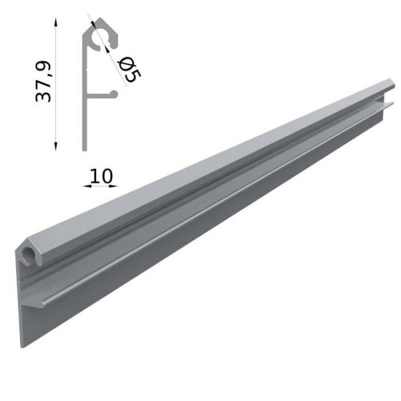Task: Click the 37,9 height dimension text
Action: point(44,82)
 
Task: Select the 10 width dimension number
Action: point(101,175)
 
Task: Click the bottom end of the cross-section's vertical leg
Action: point(85,148)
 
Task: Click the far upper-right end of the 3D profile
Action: point(392,86)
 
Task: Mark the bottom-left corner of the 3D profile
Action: point(23,345)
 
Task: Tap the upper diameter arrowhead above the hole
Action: point(95,26)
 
